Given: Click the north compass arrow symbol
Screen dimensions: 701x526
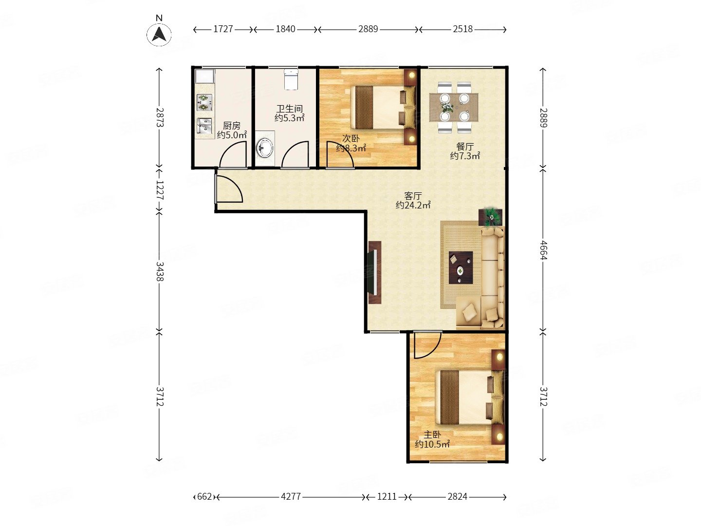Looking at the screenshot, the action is [159, 34].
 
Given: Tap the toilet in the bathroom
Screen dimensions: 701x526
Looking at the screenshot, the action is [290, 79].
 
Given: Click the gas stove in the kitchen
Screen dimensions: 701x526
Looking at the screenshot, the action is [204, 102].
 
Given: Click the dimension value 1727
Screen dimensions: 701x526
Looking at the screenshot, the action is [223, 29].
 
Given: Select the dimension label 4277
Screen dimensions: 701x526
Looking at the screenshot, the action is [291, 496].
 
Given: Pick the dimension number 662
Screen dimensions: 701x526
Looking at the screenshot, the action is [204, 496].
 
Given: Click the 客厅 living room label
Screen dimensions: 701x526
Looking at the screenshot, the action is [413, 195].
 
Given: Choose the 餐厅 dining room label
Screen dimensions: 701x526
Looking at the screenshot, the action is [465, 147].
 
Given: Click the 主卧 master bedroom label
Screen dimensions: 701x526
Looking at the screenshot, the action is [432, 434].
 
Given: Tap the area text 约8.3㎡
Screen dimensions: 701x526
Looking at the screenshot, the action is [350, 148].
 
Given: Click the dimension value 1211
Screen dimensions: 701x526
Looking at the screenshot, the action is [387, 496].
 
